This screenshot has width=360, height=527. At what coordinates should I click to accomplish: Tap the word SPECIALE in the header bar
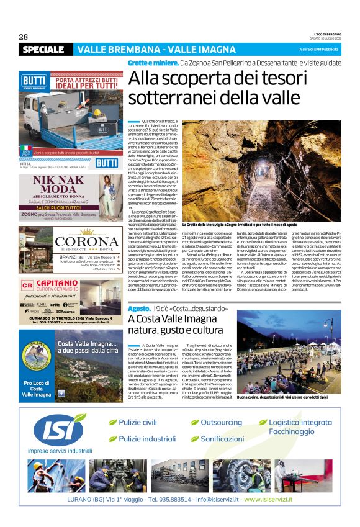43,49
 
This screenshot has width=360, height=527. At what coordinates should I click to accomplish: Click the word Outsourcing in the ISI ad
222,423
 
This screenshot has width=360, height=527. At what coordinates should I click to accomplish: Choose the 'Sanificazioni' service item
222,439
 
